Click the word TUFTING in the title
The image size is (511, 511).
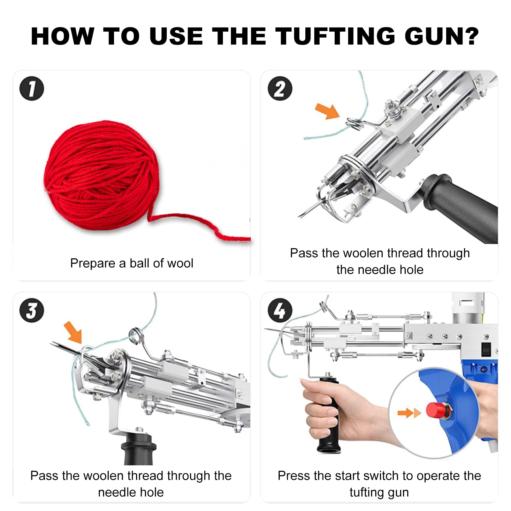pos(335,36)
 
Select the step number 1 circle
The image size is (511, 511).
pos(32,88)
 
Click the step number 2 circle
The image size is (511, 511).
pos(280,88)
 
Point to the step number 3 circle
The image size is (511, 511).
pos(32,310)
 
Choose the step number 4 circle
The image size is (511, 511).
pos(280,310)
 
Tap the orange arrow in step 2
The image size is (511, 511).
pos(327,111)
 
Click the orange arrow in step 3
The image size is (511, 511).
pos(73,332)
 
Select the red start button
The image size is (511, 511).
pos(436,410)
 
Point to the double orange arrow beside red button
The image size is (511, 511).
pos(409,413)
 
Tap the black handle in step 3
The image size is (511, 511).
pos(138,449)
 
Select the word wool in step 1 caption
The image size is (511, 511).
pos(180,263)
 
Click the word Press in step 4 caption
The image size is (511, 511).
pos(294,476)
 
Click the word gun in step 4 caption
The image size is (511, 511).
pos(398,492)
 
